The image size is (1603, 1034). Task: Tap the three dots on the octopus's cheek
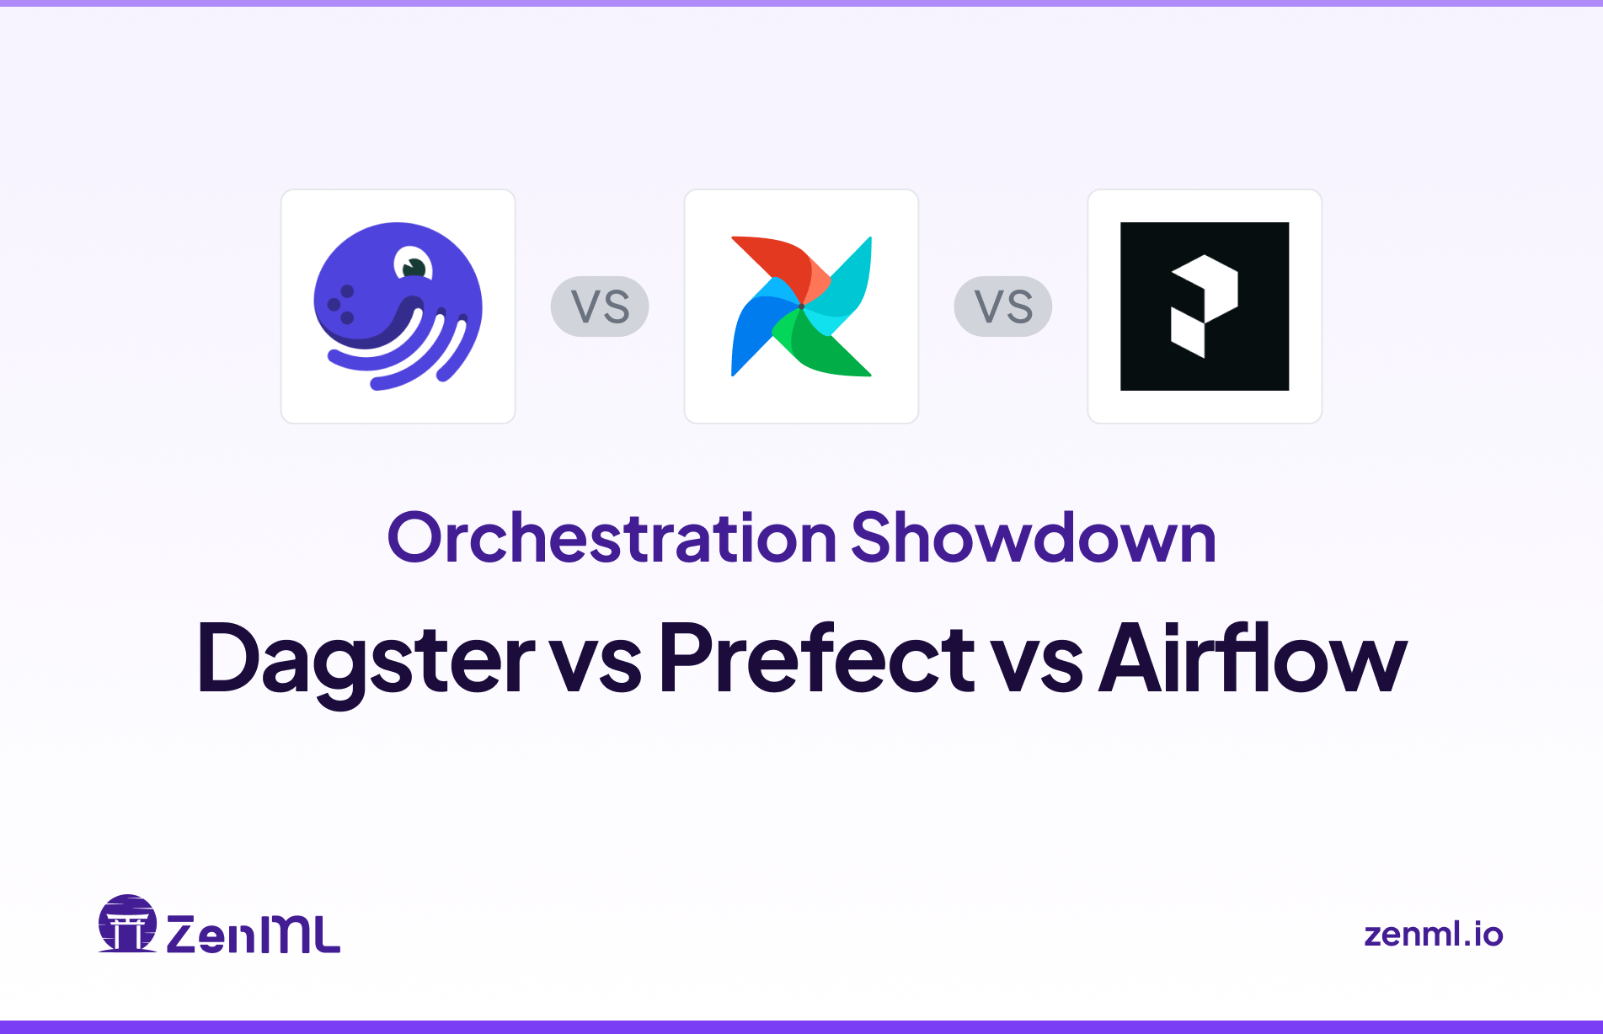(x=340, y=305)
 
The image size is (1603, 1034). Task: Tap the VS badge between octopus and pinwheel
(x=600, y=306)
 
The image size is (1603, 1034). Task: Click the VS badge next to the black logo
(x=1002, y=306)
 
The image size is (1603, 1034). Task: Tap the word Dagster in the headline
(x=365, y=658)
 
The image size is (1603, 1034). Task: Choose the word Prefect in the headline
(x=815, y=658)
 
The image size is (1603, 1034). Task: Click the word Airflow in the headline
(x=1253, y=658)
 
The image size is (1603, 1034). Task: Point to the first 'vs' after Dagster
(x=596, y=665)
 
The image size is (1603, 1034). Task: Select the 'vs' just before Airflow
(x=1037, y=665)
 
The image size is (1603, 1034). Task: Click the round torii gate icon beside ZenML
(x=127, y=924)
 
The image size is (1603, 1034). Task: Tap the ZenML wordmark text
(x=253, y=934)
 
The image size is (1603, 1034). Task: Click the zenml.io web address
(x=1433, y=935)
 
